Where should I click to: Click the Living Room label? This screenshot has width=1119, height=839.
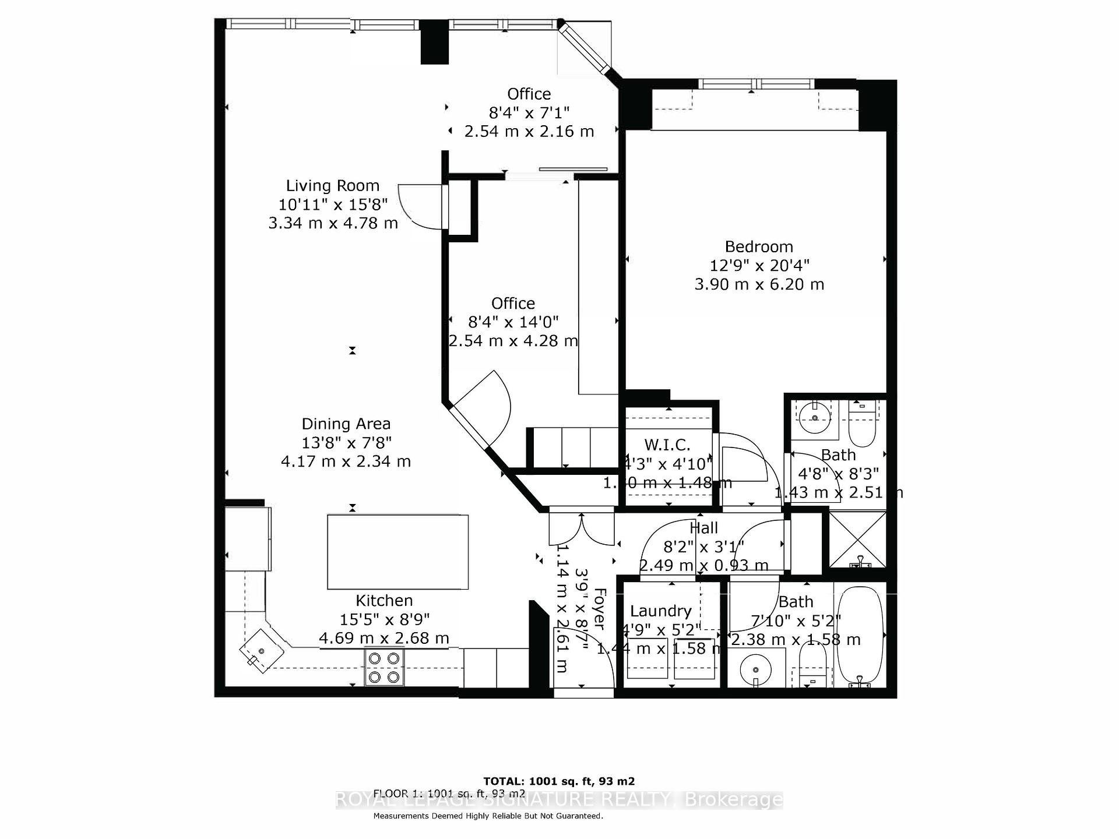tap(332, 186)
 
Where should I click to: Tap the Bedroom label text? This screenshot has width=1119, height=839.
tap(759, 246)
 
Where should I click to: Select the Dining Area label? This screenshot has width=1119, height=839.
tap(346, 424)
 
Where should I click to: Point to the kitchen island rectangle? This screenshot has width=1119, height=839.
tap(397, 552)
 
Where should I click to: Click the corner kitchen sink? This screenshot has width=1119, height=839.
tap(261, 651)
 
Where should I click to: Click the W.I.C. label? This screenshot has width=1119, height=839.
tap(667, 445)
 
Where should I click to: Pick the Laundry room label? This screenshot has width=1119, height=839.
tap(660, 611)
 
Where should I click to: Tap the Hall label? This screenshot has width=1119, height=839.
tap(703, 528)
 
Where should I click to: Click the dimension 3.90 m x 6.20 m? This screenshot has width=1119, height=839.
tap(759, 284)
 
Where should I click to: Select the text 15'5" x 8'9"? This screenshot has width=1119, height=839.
tap(385, 619)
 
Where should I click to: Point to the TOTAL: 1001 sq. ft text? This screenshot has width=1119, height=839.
tap(559, 781)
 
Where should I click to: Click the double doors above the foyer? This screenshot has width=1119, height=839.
tap(582, 527)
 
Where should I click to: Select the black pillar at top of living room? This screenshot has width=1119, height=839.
tap(434, 42)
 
